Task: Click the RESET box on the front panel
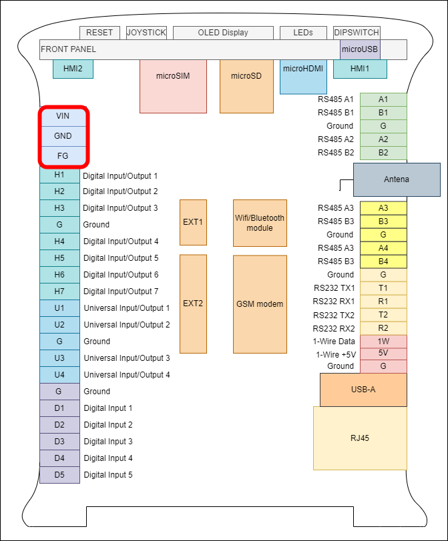coord(100,33)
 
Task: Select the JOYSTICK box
coord(146,33)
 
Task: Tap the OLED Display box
coord(223,33)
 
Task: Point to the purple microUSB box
coord(360,49)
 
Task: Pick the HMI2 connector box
coord(73,69)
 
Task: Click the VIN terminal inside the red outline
coord(63,116)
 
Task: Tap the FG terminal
coord(63,155)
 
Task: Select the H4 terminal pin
coord(59,241)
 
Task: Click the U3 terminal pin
coord(59,358)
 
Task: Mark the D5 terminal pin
coord(59,475)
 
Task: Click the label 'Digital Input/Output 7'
coord(120,292)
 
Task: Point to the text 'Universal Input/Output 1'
coord(126,308)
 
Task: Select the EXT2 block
coord(193,304)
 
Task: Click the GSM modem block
coord(260,304)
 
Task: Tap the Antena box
coord(397,179)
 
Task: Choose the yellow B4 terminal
coord(383,261)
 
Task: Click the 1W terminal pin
coord(383,341)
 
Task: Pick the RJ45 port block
coord(360,438)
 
